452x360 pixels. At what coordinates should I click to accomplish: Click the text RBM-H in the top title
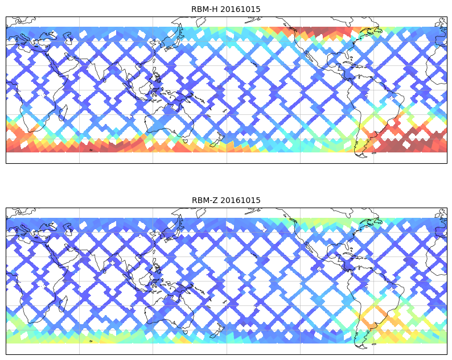[205, 9]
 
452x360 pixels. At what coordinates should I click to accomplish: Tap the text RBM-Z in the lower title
[205, 200]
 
